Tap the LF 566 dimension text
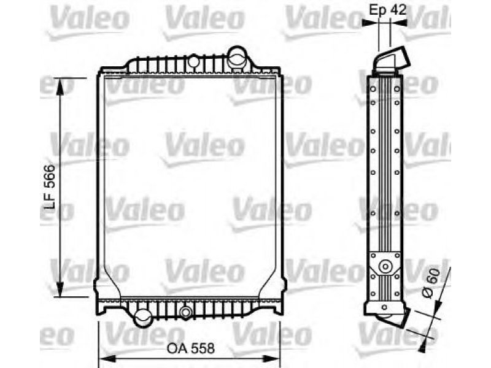49,187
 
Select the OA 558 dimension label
191,348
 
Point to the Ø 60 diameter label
431,284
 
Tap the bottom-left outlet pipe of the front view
143,318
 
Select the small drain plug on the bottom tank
186,312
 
